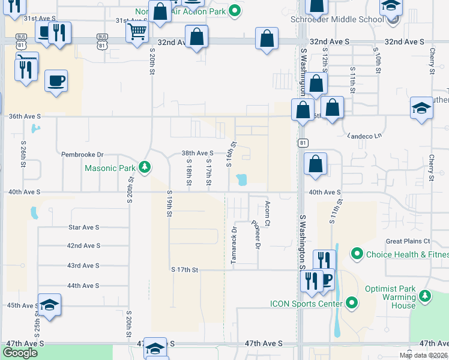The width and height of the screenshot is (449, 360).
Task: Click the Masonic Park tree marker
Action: click(x=144, y=167)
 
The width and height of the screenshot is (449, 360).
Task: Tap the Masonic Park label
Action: click(x=110, y=168)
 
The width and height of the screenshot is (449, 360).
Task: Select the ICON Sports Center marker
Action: click(x=352, y=304)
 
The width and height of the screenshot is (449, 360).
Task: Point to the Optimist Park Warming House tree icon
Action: click(x=425, y=296)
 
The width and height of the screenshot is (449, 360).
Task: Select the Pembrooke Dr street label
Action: click(x=82, y=154)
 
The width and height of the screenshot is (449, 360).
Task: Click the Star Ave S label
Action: click(x=83, y=228)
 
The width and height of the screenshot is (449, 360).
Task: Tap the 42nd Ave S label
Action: click(x=83, y=246)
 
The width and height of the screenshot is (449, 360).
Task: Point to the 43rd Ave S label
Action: click(x=83, y=266)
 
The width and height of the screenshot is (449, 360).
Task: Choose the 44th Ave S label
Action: click(x=83, y=286)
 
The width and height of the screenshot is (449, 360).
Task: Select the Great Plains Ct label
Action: click(x=408, y=241)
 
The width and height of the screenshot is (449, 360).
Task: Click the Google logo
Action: click(x=20, y=353)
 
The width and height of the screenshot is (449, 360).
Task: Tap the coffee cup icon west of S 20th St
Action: click(x=56, y=80)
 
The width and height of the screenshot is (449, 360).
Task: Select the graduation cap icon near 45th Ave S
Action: click(x=49, y=304)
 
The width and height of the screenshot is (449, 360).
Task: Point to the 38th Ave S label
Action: click(x=197, y=154)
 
